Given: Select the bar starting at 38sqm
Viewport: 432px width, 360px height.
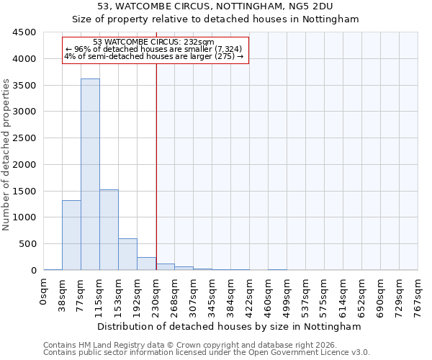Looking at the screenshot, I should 71,235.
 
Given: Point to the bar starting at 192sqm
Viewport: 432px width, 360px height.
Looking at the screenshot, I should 146,264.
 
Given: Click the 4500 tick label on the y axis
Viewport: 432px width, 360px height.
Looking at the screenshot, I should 24,32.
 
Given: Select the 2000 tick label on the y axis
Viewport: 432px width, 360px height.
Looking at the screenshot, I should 24,164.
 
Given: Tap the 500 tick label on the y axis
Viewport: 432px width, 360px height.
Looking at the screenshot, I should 27,243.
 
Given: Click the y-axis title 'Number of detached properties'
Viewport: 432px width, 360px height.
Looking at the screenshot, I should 7,155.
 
